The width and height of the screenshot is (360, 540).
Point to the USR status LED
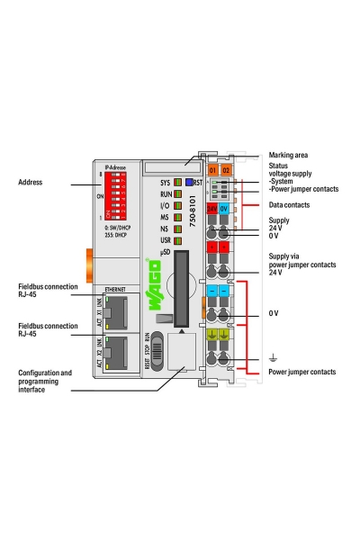178,240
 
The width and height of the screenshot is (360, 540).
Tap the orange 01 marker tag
213,169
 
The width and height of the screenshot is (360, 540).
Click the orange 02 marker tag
227,169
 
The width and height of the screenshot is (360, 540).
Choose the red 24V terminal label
212,208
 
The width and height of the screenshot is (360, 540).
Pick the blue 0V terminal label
226,208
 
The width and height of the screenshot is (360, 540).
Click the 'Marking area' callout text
290,155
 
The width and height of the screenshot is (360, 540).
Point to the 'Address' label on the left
31,183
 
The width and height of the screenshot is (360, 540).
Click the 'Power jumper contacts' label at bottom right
302,372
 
